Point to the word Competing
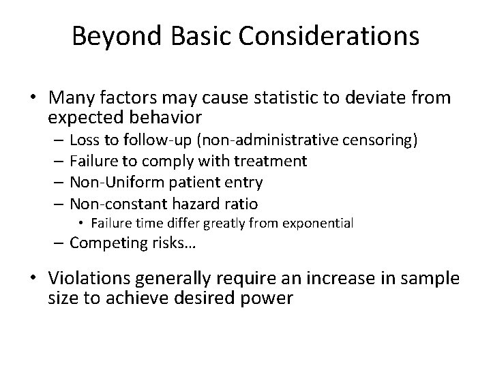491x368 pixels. tap(103, 242)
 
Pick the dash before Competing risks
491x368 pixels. tap(60, 242)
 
